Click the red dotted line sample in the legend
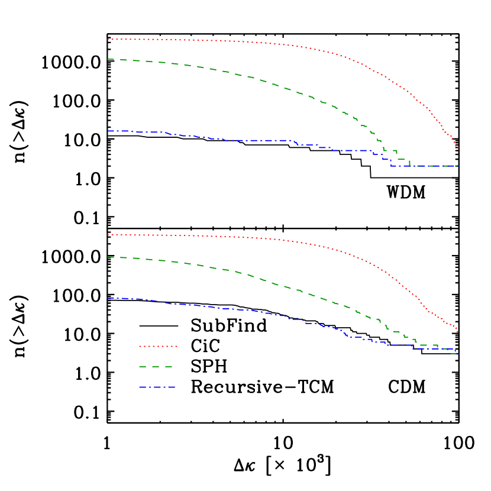pyautogui.click(x=158, y=346)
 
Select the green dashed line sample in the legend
pyautogui.click(x=156, y=367)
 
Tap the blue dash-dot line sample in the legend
pyautogui.click(x=157, y=387)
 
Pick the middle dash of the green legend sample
pyautogui.click(x=156, y=367)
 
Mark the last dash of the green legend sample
pyautogui.click(x=169, y=367)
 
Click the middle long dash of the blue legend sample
pyautogui.click(x=157, y=387)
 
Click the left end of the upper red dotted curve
pyautogui.click(x=108, y=39)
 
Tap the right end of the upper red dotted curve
pyautogui.click(x=458, y=148)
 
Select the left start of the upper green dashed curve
pyautogui.click(x=108, y=59)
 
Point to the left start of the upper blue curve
pyautogui.click(x=108, y=131)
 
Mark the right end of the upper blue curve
pyautogui.click(x=458, y=166)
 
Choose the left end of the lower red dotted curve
pyautogui.click(x=108, y=235)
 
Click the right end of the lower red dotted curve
pyautogui.click(x=458, y=332)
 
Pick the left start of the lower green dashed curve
pyautogui.click(x=108, y=257)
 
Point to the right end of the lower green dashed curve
pyautogui.click(x=458, y=354)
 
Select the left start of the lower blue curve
pyautogui.click(x=108, y=298)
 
